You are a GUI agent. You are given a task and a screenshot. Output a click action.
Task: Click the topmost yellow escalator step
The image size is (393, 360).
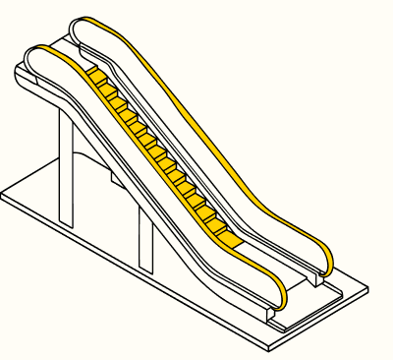[x=95, y=76]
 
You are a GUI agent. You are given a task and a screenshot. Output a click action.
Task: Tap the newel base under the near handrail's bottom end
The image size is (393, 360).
[x=272, y=313]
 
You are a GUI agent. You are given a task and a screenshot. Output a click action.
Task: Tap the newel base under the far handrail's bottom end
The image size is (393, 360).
[x=314, y=279]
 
